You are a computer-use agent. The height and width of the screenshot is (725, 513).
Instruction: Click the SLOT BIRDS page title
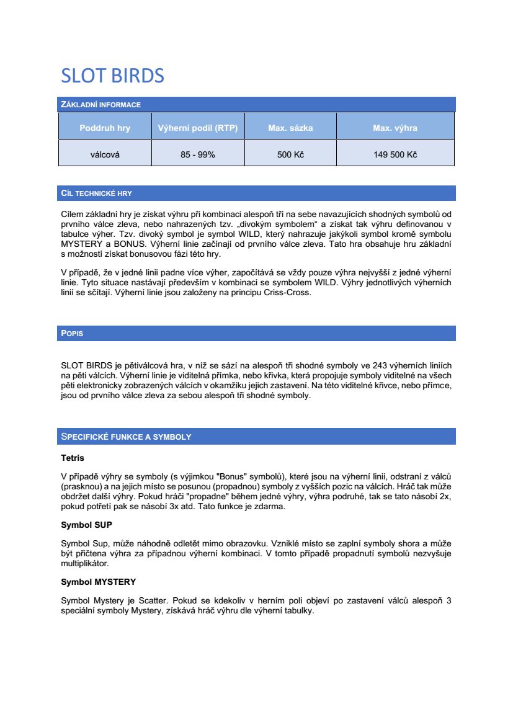pyautogui.click(x=112, y=76)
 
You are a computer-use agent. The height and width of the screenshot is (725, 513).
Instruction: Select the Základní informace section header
pyautogui.click(x=100, y=105)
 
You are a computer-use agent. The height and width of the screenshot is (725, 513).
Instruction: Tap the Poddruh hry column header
pyautogui.click(x=105, y=128)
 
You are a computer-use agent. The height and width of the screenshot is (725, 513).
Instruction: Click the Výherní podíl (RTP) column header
pyautogui.click(x=198, y=128)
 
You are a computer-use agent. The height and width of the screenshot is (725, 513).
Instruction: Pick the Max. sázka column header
pyautogui.click(x=290, y=128)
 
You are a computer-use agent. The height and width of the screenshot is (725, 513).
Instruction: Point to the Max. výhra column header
pyautogui.click(x=395, y=128)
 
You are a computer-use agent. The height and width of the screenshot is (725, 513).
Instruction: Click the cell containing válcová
pyautogui.click(x=105, y=154)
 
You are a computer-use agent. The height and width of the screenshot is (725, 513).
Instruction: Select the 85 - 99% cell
pyautogui.click(x=198, y=154)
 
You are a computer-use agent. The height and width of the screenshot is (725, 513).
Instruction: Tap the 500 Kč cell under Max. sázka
pyautogui.click(x=290, y=154)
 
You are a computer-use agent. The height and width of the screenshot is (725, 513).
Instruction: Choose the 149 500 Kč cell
pyautogui.click(x=395, y=154)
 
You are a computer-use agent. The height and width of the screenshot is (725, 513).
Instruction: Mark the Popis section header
pyautogui.click(x=72, y=334)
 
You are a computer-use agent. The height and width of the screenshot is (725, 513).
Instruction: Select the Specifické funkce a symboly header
pyautogui.click(x=126, y=437)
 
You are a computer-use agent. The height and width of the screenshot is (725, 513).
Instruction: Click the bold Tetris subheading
pyautogui.click(x=72, y=458)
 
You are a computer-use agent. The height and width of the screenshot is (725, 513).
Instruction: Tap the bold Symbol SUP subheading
pyautogui.click(x=86, y=525)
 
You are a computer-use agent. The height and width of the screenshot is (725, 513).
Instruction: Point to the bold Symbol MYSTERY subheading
pyautogui.click(x=98, y=582)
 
